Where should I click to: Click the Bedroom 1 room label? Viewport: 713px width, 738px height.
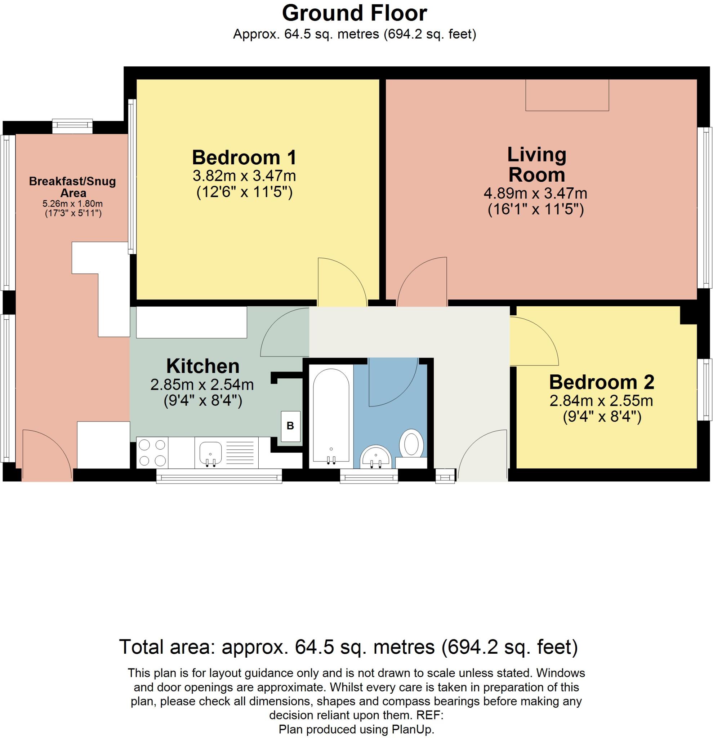coord(244,157)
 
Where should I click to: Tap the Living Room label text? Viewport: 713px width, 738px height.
coord(536,165)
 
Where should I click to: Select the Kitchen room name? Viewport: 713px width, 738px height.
coord(202,366)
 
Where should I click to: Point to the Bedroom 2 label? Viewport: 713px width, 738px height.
coord(602,382)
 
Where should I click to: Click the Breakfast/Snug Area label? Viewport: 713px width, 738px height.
coord(73,187)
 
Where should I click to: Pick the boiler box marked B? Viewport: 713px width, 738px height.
coord(290,426)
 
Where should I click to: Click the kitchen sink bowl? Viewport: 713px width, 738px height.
coord(210,453)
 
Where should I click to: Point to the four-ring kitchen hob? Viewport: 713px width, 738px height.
coord(152,453)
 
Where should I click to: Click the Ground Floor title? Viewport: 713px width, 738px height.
coord(354,14)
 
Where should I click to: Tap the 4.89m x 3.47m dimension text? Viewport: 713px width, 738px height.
coord(535,194)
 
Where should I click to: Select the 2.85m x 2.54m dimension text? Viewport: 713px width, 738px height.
coord(202,384)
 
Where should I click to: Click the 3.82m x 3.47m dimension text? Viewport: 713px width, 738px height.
coord(244,175)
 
